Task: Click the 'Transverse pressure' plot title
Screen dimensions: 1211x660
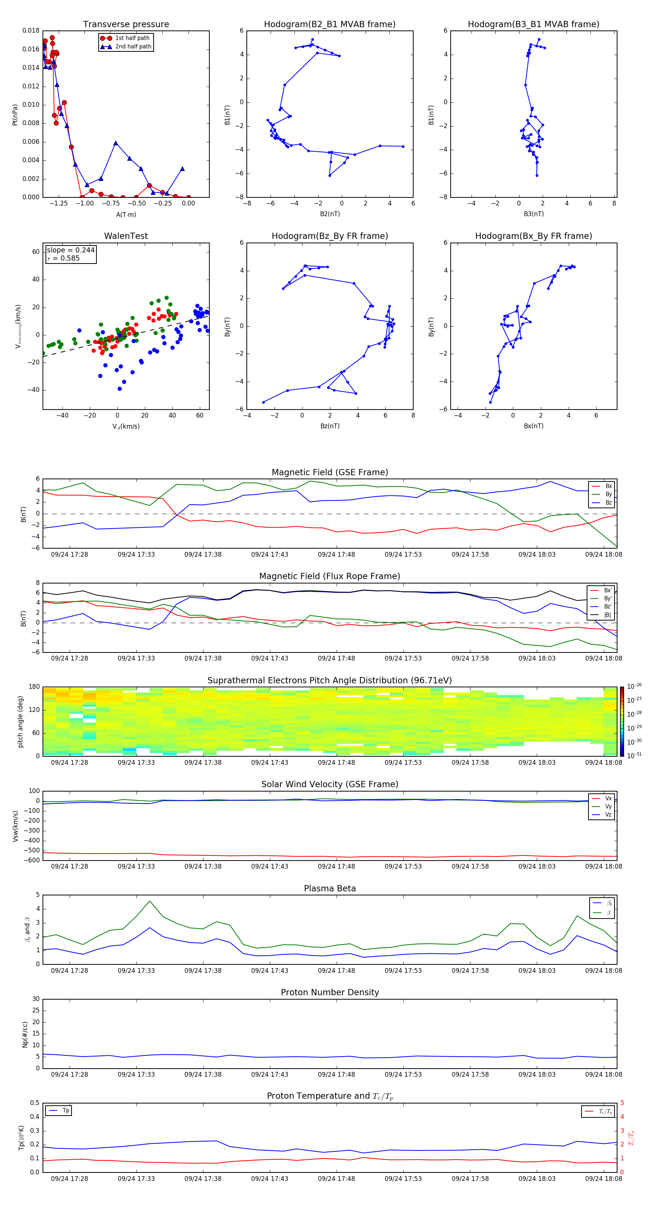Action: [126, 25]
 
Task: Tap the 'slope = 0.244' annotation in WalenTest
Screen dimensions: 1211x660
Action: [70, 250]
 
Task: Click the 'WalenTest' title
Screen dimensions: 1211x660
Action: [126, 236]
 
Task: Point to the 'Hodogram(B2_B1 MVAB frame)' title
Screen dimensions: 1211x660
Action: [329, 25]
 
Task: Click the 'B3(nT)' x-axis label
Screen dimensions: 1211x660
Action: [533, 214]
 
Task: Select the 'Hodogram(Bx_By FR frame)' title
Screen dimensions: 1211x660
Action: [533, 236]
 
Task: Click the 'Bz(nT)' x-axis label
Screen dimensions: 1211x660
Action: [330, 426]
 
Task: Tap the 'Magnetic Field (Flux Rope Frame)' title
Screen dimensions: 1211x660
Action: [329, 577]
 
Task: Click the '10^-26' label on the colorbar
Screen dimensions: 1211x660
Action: [634, 686]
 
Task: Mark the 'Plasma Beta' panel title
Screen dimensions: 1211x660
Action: [329, 888]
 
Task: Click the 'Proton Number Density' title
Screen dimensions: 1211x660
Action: [329, 992]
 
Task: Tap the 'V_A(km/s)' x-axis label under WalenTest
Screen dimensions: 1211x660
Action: [126, 426]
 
